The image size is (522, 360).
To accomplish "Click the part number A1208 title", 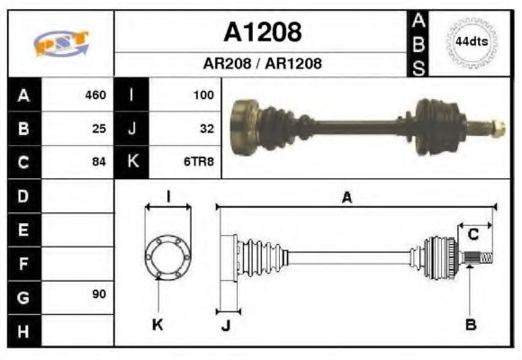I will pos(262,32).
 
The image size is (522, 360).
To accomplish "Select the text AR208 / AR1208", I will pos(262,64).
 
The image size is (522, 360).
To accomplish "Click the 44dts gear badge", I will pos(470,42).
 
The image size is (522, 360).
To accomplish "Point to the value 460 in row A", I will pos(94,94).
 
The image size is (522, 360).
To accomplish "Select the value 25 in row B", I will pos(99,129).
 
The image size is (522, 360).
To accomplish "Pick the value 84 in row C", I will pos(99,162).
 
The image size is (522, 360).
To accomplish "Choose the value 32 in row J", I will pos(206,129).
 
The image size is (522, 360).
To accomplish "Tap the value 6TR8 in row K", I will pos(199,162).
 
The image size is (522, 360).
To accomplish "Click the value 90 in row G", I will pos(99,295).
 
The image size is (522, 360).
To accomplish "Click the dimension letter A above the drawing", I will pos(346,198).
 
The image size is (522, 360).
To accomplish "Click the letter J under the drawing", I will pos(226,325).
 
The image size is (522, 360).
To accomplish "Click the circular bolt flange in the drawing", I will pos(167,257).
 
